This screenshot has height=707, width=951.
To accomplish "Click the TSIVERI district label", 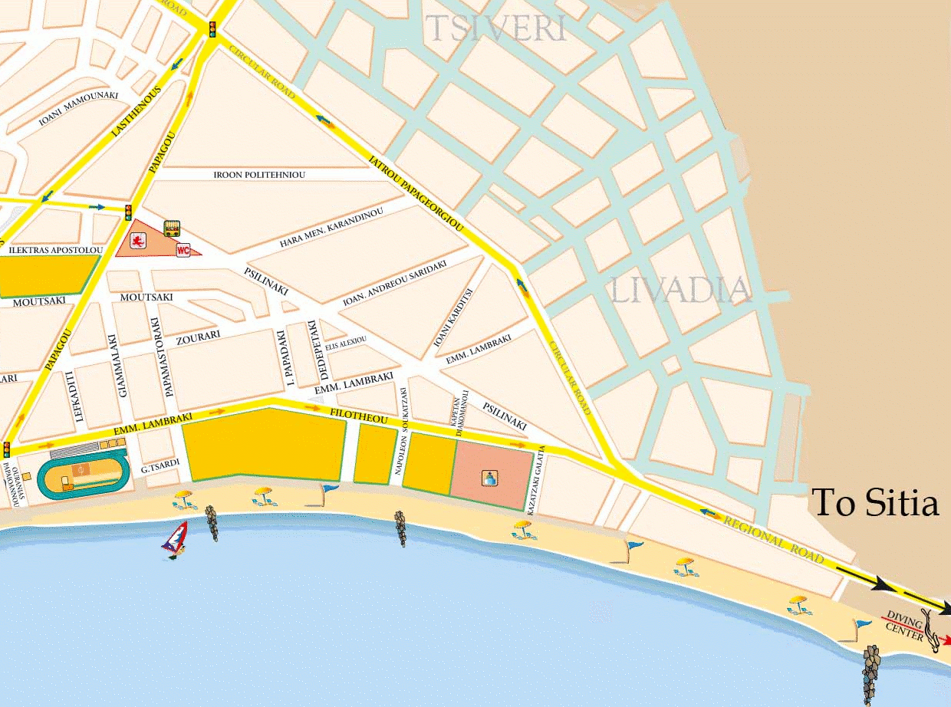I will coord(496,28).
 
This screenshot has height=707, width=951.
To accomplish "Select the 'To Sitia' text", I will coord(875,504).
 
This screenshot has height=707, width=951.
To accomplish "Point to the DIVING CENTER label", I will coord(903,623).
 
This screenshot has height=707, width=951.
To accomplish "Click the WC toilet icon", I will coord(183,250).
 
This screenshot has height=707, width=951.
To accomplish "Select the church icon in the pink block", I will coord(488,478).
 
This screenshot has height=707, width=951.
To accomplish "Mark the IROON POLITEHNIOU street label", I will coord(259,175).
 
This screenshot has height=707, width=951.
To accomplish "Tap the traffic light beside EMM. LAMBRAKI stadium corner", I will coord(7,449).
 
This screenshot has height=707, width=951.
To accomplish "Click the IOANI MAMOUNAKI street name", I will coord(79,110).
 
